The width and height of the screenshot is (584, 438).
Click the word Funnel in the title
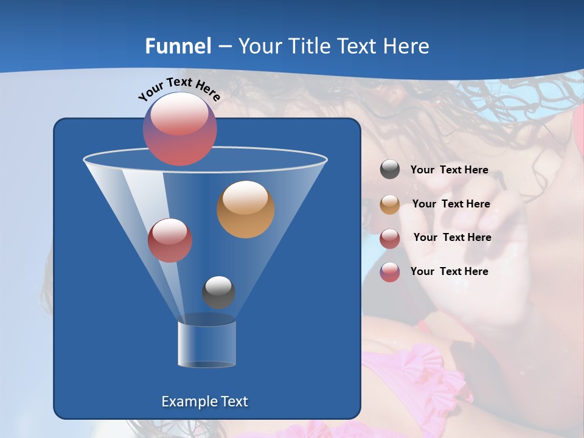tap(178, 46)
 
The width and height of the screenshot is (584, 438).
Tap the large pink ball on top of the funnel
tap(180, 128)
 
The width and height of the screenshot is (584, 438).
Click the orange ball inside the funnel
tap(246, 209)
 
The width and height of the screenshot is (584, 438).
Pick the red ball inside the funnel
tap(170, 240)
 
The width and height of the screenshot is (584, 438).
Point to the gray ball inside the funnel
tap(218, 292)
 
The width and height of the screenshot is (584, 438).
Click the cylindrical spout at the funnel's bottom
tap(207, 344)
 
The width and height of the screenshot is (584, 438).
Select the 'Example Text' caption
tap(205, 401)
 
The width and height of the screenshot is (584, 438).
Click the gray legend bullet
tap(390, 170)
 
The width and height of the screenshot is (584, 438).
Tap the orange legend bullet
tap(390, 204)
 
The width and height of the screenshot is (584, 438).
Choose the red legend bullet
tap(390, 238)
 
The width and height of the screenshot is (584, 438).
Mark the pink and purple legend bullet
tap(390, 272)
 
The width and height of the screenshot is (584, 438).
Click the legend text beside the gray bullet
tap(449, 170)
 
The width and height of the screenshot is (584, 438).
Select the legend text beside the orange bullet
tap(451, 204)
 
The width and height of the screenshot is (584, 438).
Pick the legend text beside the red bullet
tap(452, 237)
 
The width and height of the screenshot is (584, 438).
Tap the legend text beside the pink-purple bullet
tap(449, 271)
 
